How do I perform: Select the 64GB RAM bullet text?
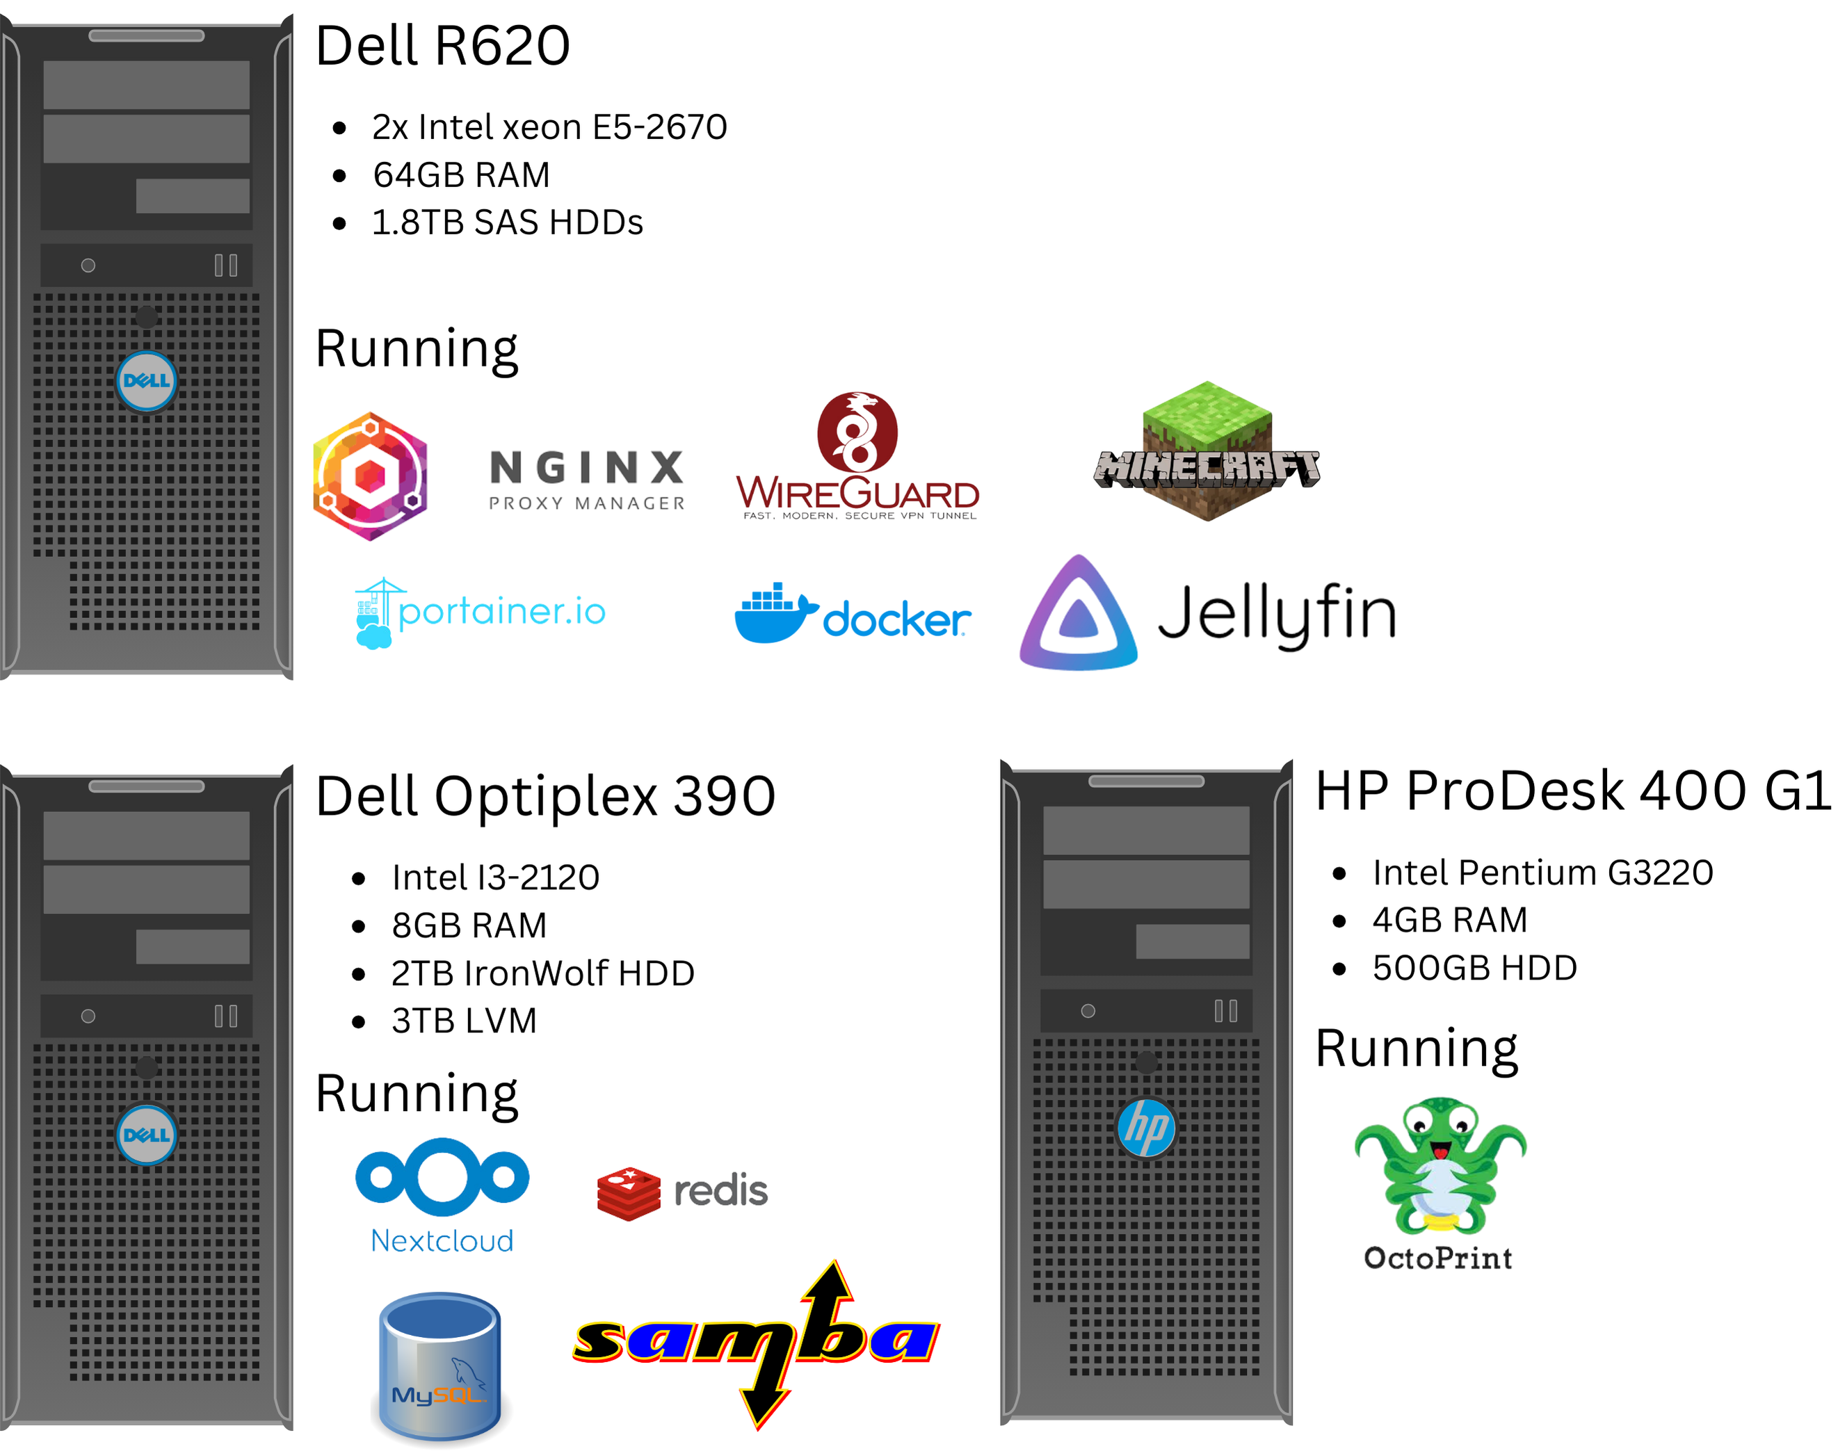[x=461, y=175]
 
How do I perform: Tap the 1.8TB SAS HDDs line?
[x=507, y=222]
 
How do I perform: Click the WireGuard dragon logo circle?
[x=857, y=432]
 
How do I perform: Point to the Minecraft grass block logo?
[x=1207, y=451]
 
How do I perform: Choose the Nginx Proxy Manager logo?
[x=587, y=480]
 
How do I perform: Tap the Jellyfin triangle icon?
[x=1078, y=613]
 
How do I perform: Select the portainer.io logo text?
[x=501, y=612]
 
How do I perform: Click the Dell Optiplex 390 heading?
[x=545, y=796]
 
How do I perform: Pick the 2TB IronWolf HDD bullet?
[x=543, y=973]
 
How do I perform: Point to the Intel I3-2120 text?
[x=495, y=877]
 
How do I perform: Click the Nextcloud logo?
[x=442, y=1196]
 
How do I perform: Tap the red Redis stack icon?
[x=629, y=1194]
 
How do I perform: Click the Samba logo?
[x=756, y=1343]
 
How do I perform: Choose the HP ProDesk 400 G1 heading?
[x=1572, y=791]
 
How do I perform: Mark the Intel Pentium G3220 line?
[x=1543, y=873]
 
